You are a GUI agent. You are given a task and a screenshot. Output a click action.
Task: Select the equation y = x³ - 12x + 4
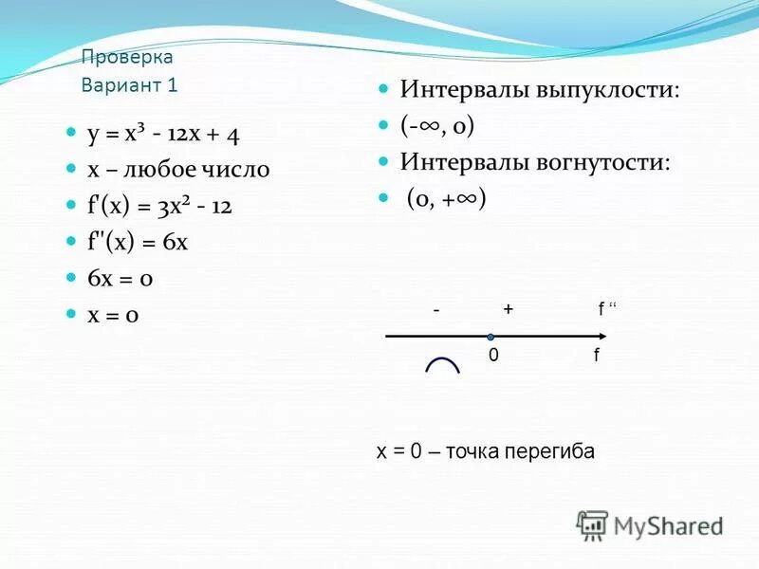click(162, 135)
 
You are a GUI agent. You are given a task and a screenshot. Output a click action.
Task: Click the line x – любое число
click(178, 170)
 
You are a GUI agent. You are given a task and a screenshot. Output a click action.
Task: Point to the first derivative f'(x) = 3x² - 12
click(160, 206)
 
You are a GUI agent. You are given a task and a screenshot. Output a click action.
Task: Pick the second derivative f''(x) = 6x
click(138, 242)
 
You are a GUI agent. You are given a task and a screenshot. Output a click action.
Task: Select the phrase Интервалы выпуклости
click(539, 90)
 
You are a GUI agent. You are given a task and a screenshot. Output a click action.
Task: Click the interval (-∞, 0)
click(437, 125)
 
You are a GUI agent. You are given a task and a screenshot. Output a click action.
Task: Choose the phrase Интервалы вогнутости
click(535, 161)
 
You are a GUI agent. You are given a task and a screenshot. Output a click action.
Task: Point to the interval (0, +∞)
click(447, 198)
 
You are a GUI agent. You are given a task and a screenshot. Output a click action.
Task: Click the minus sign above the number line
click(435, 309)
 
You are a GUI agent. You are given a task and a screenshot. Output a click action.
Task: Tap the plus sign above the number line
click(509, 309)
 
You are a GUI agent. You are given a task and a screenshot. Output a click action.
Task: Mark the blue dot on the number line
click(491, 337)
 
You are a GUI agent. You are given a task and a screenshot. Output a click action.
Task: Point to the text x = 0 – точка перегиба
click(486, 451)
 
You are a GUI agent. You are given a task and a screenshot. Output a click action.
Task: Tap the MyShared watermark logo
click(651, 525)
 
